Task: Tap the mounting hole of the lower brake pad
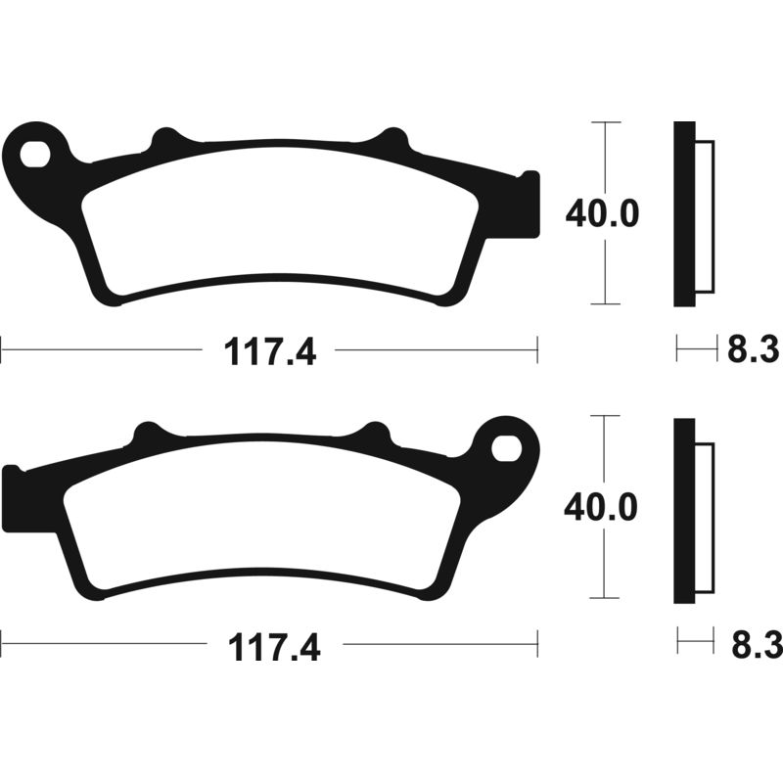pyautogui.click(x=506, y=447)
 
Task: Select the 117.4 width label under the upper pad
pyautogui.click(x=271, y=351)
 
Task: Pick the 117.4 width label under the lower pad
pyautogui.click(x=271, y=647)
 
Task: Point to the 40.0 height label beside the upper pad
pyautogui.click(x=602, y=213)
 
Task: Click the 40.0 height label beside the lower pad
pyautogui.click(x=602, y=507)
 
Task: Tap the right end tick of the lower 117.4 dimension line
pyautogui.click(x=537, y=643)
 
